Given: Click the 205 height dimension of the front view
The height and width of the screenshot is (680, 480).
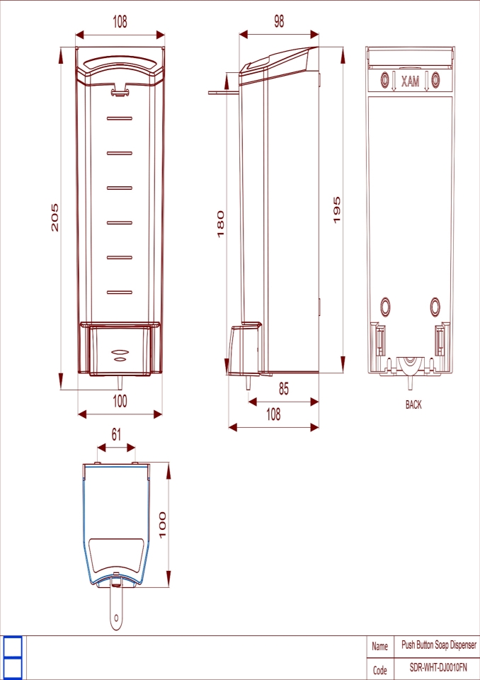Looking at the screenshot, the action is (x=55, y=217).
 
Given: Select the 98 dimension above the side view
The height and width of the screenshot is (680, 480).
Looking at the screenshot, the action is (x=279, y=22).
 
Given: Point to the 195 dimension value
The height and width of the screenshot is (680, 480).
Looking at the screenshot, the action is (x=337, y=210).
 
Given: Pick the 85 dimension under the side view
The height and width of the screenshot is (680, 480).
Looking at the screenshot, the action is (x=283, y=389).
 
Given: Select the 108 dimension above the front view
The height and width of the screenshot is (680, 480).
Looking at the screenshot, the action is (x=120, y=22).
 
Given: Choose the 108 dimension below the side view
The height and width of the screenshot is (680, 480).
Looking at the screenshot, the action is (x=273, y=414).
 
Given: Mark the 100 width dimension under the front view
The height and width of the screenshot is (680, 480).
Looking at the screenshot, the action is (x=120, y=401).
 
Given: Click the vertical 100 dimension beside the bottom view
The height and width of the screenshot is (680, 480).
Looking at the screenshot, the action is (x=163, y=525).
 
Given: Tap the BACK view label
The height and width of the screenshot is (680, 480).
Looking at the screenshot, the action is (x=413, y=405).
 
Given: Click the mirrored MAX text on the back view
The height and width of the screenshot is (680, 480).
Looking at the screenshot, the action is (x=410, y=82).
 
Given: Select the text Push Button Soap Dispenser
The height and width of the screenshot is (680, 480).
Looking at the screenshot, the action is (x=439, y=645).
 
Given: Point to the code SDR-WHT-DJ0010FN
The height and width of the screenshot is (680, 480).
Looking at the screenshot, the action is (x=439, y=668).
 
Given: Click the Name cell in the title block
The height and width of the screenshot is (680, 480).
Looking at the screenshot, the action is (x=380, y=646).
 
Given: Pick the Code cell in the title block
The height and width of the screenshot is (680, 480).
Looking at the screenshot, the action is (x=380, y=669).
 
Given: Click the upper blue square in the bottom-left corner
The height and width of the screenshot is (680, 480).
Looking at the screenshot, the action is (x=13, y=646).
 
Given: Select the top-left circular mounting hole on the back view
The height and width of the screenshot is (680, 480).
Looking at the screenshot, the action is (x=385, y=79).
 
